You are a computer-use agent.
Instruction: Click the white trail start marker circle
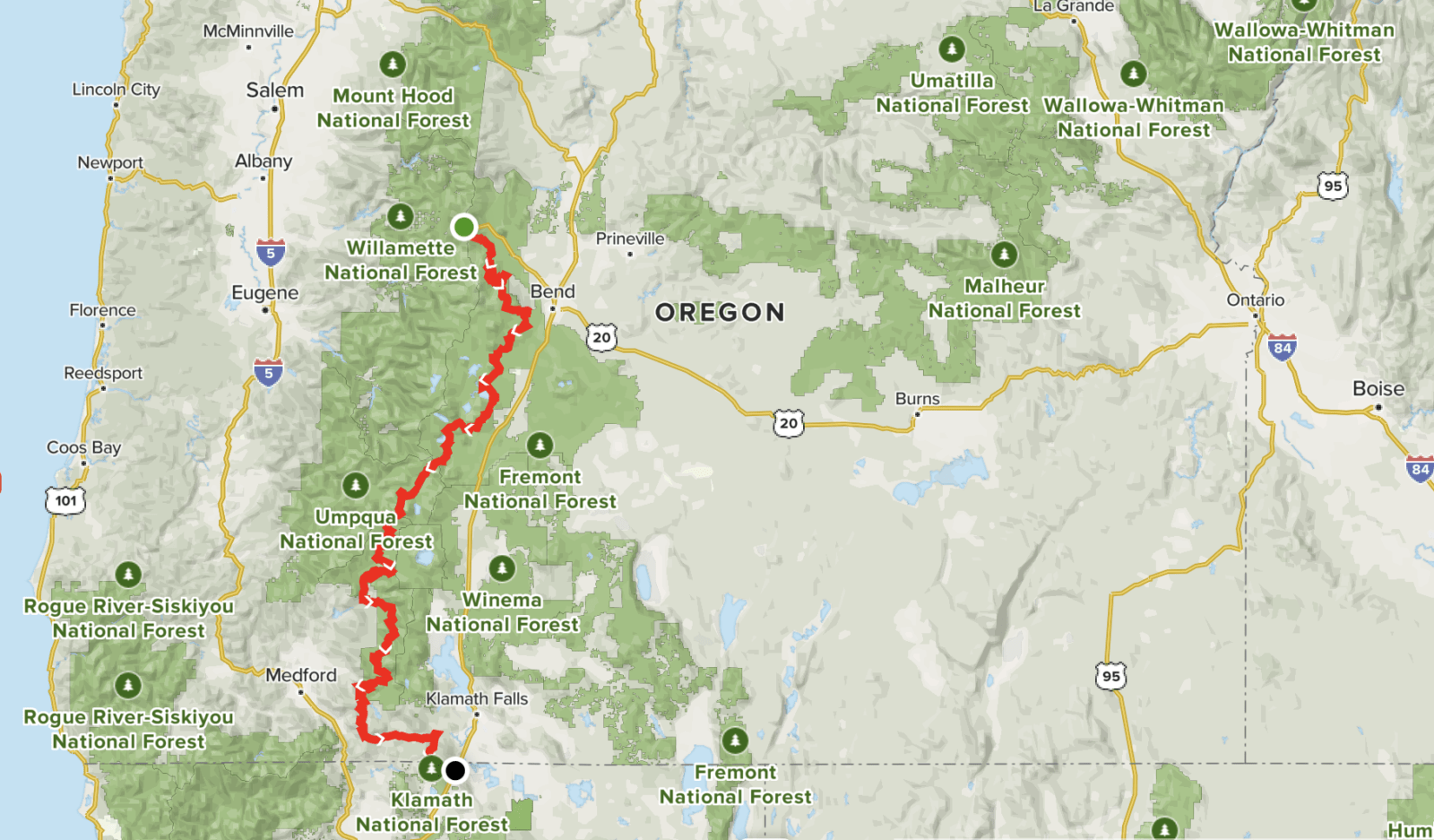pos(463,227)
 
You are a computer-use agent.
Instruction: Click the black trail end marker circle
pos(455,770)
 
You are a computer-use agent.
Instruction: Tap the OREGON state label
pos(720,312)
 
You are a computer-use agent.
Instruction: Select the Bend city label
pos(552,291)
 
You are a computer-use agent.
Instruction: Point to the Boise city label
pos(1378,388)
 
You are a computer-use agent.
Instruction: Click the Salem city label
pos(275,90)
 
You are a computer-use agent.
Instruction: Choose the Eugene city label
pos(264,292)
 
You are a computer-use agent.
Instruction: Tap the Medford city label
pos(301,674)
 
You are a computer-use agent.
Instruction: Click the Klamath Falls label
pos(477,698)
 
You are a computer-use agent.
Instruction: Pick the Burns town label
pos(918,398)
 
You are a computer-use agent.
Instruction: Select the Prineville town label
pos(630,238)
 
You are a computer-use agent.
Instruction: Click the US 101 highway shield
pos(65,500)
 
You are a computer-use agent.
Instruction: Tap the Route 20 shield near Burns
pos(789,423)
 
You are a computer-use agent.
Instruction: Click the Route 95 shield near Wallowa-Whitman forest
pos(1333,186)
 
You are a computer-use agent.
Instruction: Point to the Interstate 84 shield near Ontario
pos(1282,348)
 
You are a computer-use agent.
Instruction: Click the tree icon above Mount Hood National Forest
pos(393,65)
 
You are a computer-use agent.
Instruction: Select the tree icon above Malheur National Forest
pos(1004,255)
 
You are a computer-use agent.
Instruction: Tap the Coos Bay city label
pos(83,447)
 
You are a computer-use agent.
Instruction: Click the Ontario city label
pos(1255,299)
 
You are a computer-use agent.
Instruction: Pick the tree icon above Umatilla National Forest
pos(952,49)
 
